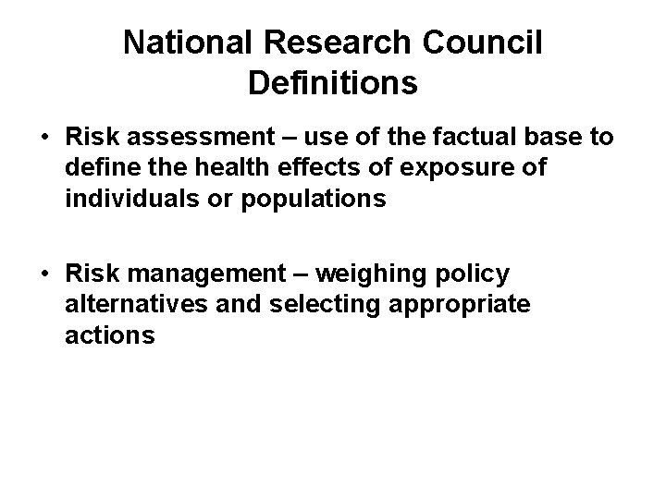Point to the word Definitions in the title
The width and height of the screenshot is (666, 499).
pos(333,83)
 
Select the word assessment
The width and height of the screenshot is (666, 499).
pos(193,139)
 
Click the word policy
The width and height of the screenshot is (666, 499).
pos(475,275)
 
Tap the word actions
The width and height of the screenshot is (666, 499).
pos(110,336)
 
